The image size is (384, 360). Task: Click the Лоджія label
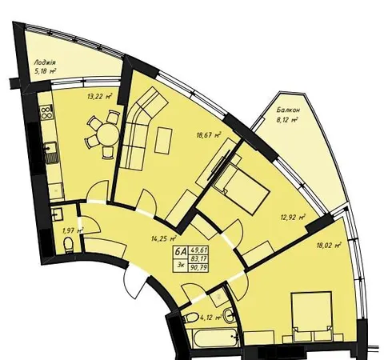[45, 63]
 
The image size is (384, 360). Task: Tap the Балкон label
[288, 110]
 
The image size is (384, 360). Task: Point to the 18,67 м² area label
[209, 135]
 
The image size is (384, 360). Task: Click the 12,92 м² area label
[293, 218]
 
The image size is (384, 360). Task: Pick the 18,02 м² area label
[329, 245]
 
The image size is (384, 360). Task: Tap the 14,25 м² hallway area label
[164, 238]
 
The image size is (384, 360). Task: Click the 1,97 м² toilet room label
[73, 230]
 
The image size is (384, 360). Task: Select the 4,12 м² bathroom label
[210, 318]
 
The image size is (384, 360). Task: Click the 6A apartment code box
[181, 252]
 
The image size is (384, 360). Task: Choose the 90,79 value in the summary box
[198, 268]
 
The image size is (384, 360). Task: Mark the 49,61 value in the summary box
[198, 250]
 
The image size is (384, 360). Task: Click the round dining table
[108, 134]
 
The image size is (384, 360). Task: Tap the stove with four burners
[46, 112]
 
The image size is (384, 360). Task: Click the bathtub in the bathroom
[216, 338]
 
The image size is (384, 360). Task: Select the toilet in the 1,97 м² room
[69, 245]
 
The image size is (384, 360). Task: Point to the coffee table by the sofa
[163, 141]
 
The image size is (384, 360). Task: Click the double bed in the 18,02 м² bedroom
[312, 317]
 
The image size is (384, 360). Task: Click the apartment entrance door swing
[135, 282]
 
